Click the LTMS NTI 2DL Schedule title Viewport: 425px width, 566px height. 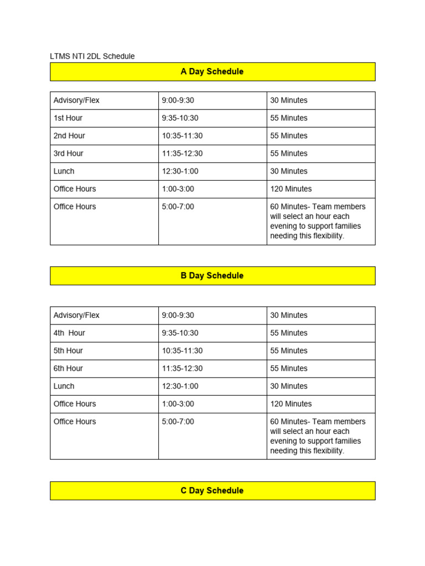(92, 56)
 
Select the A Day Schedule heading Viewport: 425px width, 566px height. (212, 72)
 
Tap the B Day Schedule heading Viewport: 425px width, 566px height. (212, 276)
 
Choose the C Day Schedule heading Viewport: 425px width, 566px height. (212, 491)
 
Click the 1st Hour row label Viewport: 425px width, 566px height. (68, 118)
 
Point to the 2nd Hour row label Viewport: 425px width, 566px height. (69, 136)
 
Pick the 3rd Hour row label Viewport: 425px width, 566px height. (69, 154)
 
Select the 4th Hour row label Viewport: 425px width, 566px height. (69, 333)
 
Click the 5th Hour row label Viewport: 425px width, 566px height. (69, 351)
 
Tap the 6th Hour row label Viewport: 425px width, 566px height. (69, 369)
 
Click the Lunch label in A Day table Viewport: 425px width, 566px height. (64, 171)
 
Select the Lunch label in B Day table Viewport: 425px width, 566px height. (64, 386)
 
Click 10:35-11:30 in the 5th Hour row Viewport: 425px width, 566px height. (182, 351)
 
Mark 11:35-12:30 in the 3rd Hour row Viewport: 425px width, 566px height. (182, 154)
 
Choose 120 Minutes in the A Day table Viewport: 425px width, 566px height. (291, 189)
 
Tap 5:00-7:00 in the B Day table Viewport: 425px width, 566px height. (178, 422)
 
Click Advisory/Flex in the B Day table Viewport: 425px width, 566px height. (76, 316)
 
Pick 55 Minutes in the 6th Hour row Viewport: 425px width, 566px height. (288, 369)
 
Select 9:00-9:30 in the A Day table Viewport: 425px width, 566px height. (178, 101)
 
